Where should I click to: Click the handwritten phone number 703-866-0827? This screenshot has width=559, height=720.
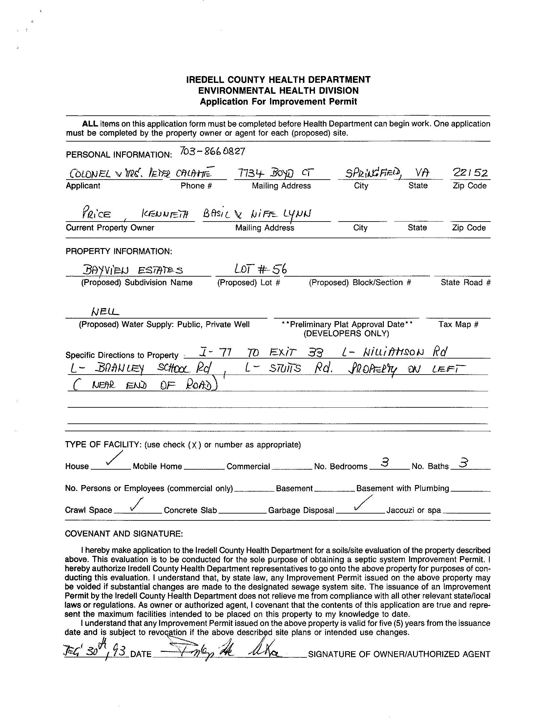click(x=212, y=151)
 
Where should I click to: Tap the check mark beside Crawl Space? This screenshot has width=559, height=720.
click(x=136, y=504)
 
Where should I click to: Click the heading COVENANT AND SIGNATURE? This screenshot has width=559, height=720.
click(x=124, y=534)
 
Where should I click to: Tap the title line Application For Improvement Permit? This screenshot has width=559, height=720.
click(x=278, y=102)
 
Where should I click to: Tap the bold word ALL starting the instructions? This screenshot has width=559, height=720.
click(x=90, y=124)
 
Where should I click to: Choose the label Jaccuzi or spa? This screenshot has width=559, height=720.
click(x=413, y=510)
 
